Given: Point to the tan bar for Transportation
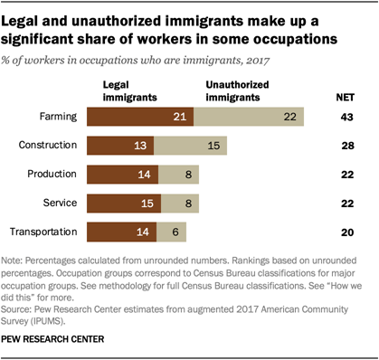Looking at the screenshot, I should pos(174,232).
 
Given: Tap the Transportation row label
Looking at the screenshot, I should pos(46,232).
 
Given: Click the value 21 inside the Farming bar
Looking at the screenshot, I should pos(178,117).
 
